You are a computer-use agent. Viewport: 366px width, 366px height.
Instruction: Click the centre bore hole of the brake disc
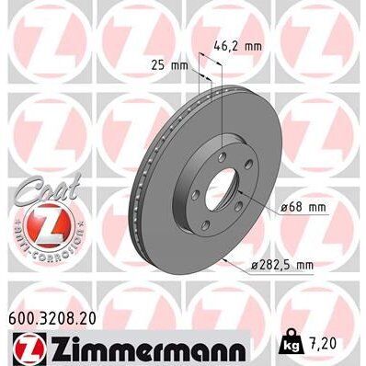pyautogui.click(x=219, y=189)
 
